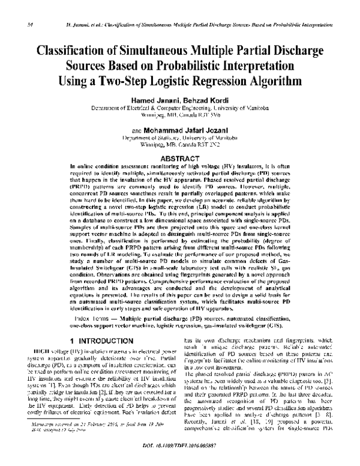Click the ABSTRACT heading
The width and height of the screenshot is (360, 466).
click(179, 157)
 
